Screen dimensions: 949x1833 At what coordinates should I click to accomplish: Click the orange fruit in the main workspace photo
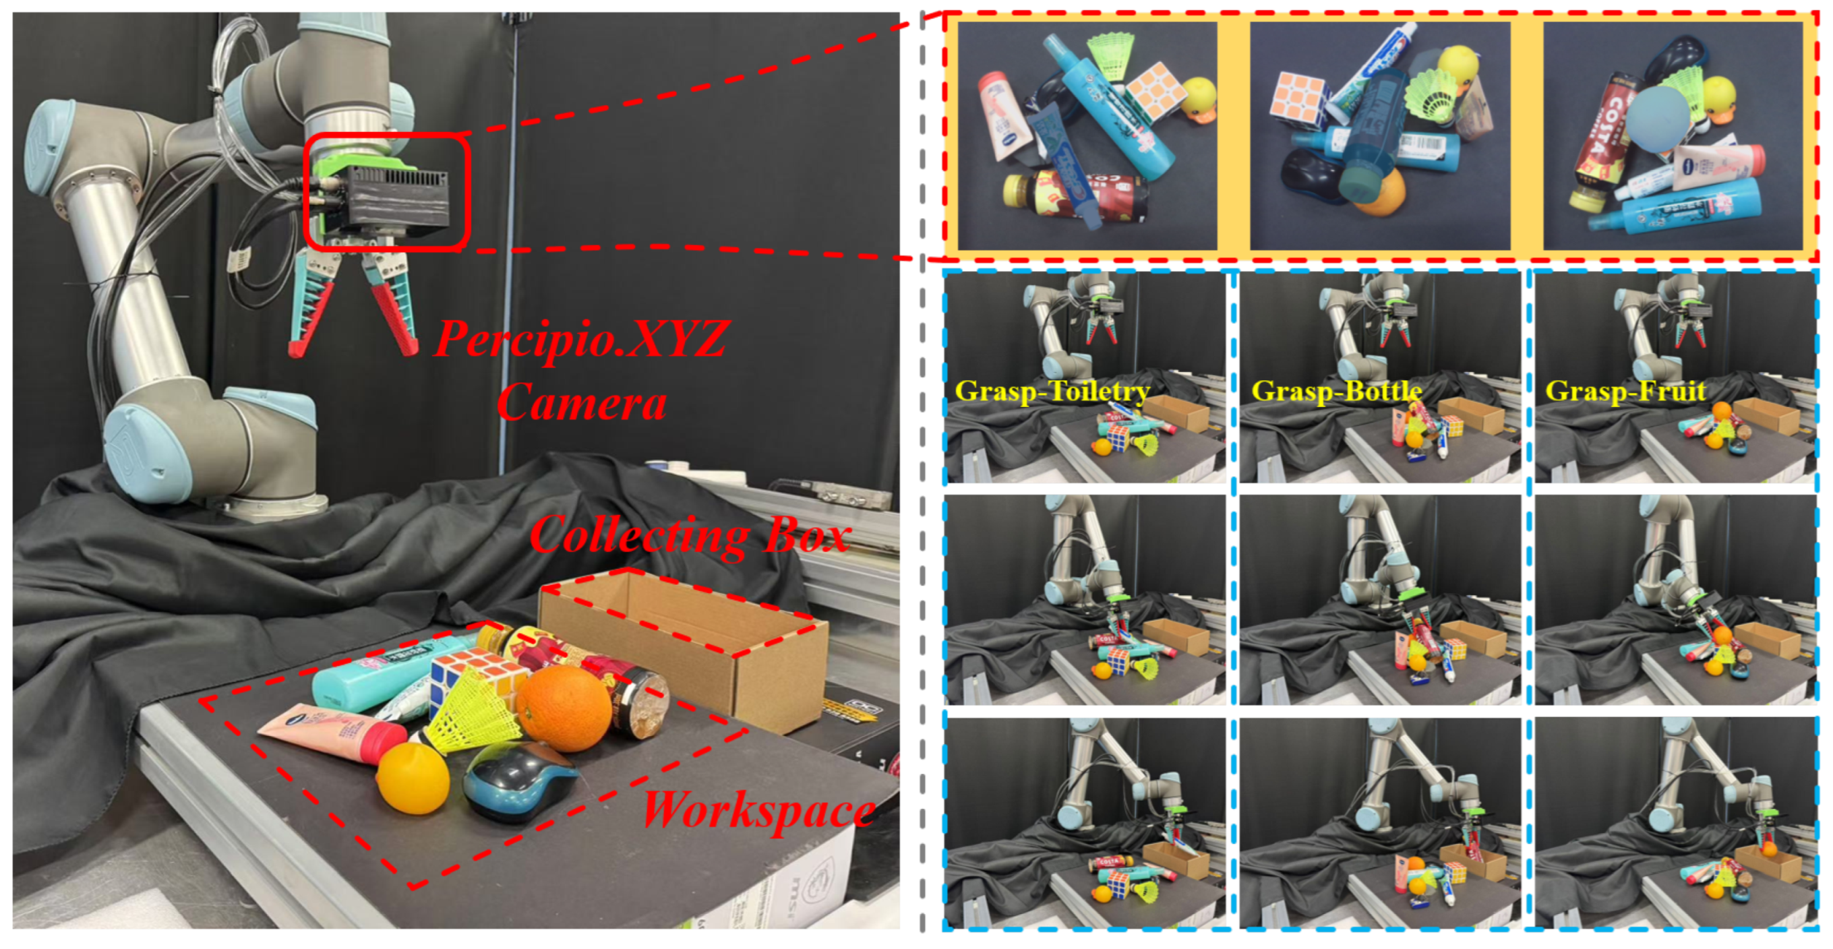[564, 708]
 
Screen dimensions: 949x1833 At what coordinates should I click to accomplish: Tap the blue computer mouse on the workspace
[520, 783]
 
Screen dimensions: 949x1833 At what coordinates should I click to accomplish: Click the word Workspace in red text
[758, 809]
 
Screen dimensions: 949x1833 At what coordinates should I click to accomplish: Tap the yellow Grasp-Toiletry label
[1052, 392]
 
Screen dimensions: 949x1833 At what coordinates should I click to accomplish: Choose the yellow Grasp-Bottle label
[1336, 392]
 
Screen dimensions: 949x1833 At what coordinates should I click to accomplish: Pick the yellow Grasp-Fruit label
[1625, 392]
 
